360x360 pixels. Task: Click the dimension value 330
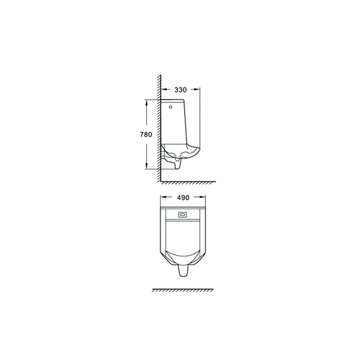[180, 90]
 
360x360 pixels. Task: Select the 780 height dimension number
[146, 134]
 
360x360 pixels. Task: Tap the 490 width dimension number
[183, 198]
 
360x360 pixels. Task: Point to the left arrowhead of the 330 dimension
[164, 90]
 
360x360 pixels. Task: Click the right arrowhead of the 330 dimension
[197, 90]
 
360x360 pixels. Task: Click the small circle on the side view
[171, 107]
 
